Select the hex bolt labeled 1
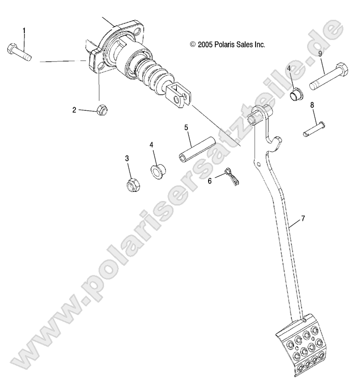click(x=19, y=52)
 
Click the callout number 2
click(x=74, y=109)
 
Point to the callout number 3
click(x=127, y=159)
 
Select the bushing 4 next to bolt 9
click(x=296, y=95)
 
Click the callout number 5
click(x=186, y=127)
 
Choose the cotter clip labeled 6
click(x=230, y=178)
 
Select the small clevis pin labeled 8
click(x=314, y=128)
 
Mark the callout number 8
click(x=312, y=105)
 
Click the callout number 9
click(x=320, y=54)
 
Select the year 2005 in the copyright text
click(x=205, y=45)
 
